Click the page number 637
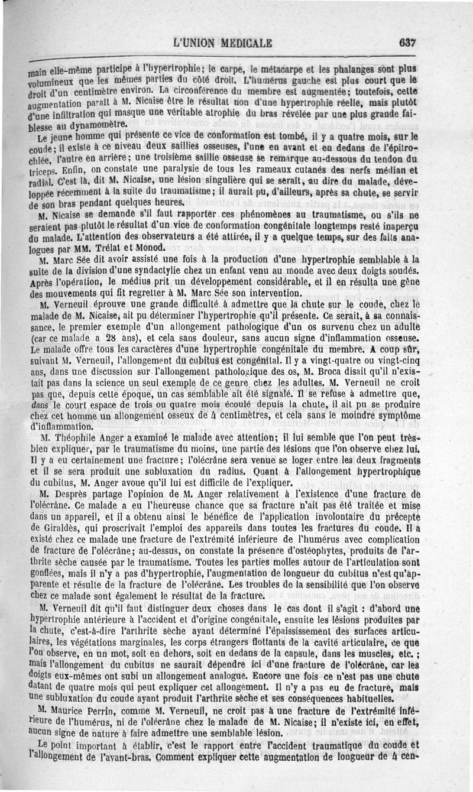coord(408,43)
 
